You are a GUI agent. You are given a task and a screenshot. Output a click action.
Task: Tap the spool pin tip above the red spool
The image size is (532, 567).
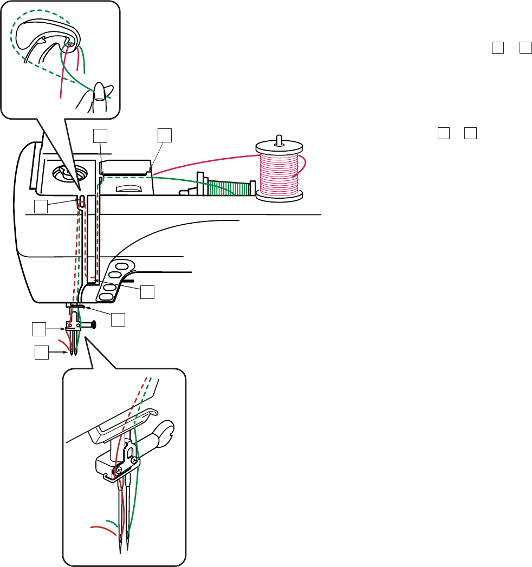click(x=278, y=136)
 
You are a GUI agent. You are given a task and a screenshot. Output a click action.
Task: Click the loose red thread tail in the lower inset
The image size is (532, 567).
click(x=100, y=526)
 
